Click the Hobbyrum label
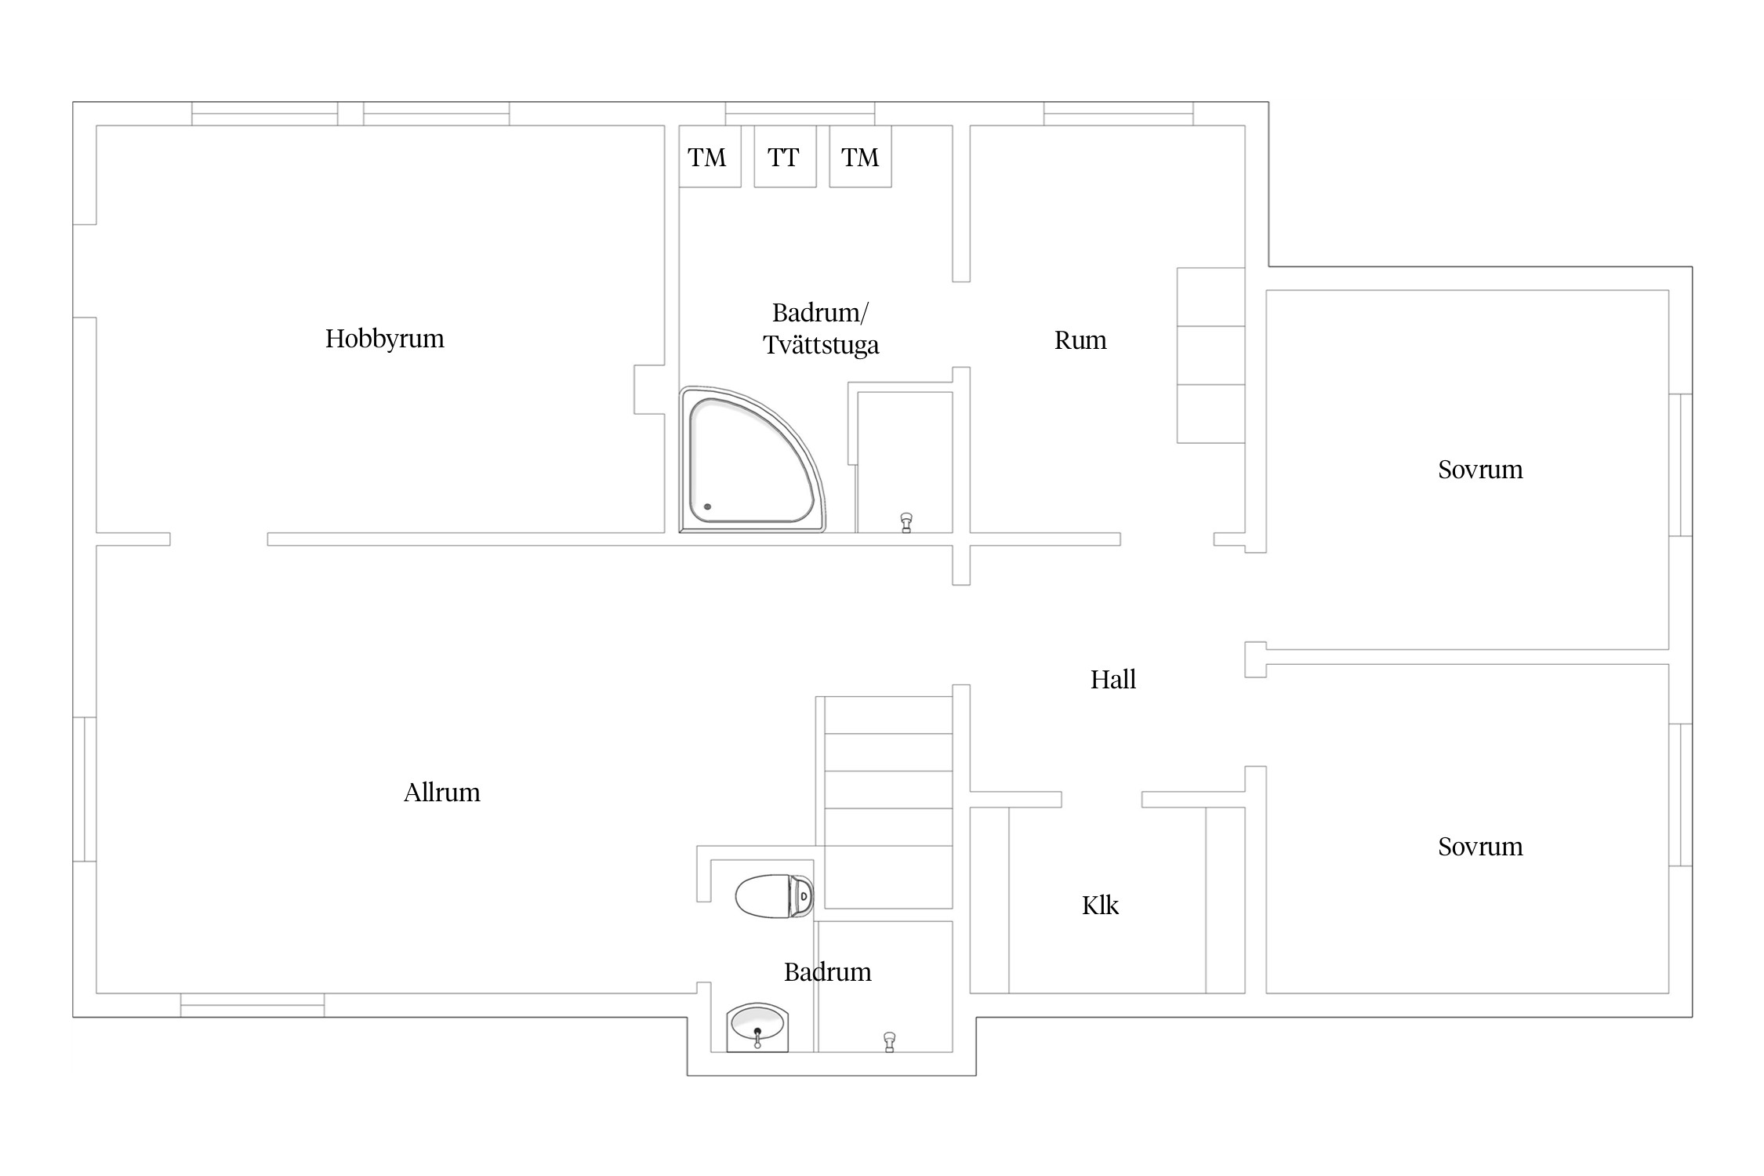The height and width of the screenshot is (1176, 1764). (384, 339)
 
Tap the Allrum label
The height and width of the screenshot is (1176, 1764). (441, 793)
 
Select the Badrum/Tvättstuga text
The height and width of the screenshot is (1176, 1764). (821, 328)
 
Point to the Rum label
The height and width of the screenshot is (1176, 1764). (1080, 340)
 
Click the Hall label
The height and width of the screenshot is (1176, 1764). (1112, 679)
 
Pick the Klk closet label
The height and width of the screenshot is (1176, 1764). (1100, 906)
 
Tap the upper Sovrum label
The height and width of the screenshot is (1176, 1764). (1480, 470)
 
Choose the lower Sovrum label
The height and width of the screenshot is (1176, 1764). (1480, 847)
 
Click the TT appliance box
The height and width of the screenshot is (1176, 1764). (785, 157)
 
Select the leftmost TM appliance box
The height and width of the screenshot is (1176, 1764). (710, 157)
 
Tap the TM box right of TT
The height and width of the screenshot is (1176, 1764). (860, 157)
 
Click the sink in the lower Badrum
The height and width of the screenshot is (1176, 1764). (757, 1027)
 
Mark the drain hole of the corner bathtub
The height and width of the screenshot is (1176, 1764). (707, 506)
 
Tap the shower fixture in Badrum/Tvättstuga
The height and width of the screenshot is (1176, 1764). (906, 523)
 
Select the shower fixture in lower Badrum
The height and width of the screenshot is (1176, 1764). (889, 1042)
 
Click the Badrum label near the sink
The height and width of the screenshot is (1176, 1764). (828, 972)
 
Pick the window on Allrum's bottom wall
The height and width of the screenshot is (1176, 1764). (252, 1005)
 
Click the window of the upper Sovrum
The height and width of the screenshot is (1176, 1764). (1680, 465)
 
